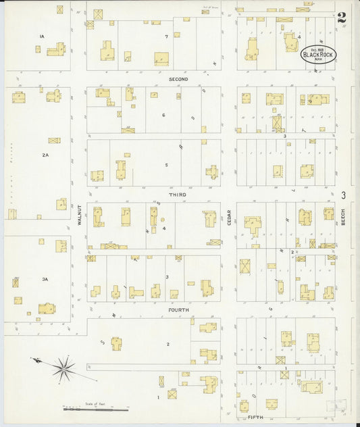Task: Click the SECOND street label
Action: (x=178, y=79)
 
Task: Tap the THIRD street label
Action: (x=178, y=195)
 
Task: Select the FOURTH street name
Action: (x=178, y=310)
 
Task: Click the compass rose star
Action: (x=63, y=368)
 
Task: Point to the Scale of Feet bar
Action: (x=95, y=409)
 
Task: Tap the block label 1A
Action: (x=42, y=36)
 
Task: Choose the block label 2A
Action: (x=45, y=155)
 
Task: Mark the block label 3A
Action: (x=45, y=278)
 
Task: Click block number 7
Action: (x=165, y=36)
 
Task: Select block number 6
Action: (x=163, y=115)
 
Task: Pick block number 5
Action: (x=166, y=165)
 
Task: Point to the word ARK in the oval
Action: (x=317, y=60)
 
